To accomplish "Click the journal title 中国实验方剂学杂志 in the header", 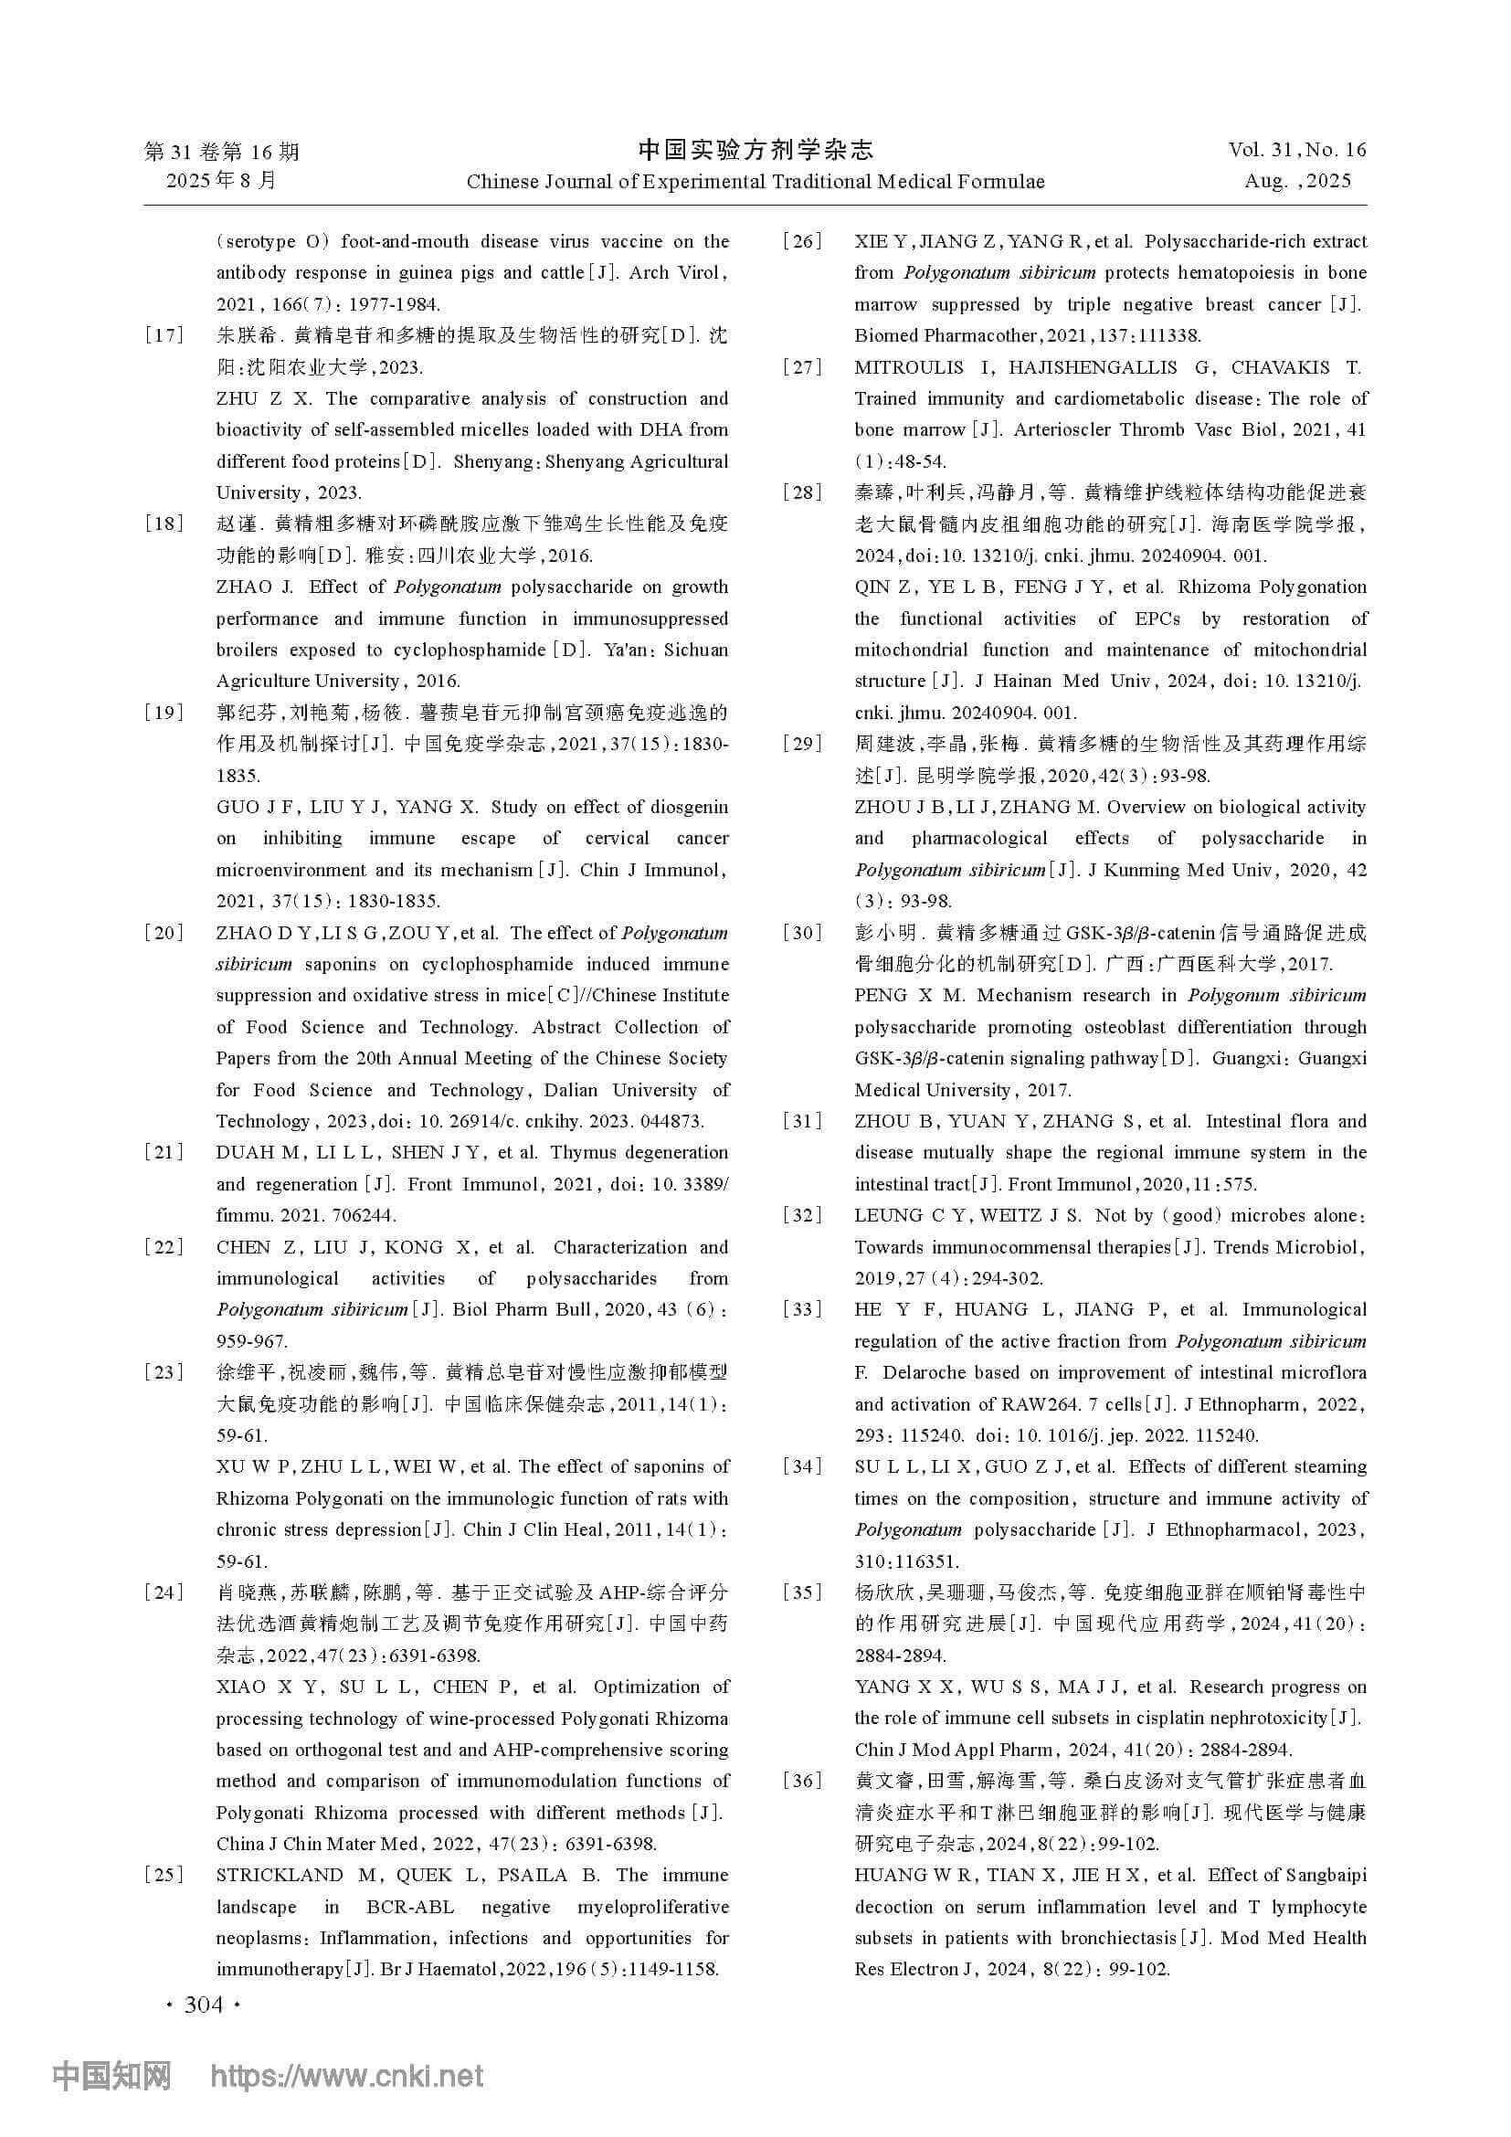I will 755,150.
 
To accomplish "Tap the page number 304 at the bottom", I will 204,2004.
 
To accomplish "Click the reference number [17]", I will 164,336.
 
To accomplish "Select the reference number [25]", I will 164,1875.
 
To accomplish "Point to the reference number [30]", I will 802,933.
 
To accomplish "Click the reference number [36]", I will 802,1781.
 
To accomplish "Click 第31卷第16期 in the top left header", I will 221,151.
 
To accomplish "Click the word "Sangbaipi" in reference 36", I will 1316,1875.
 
